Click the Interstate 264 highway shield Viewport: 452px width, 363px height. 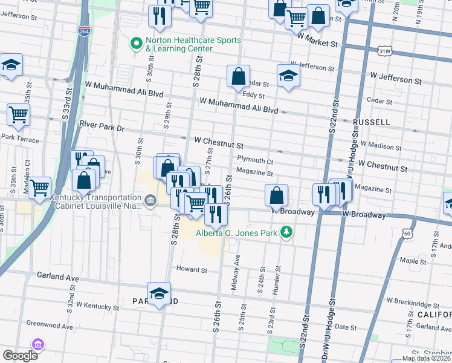(x=84, y=30)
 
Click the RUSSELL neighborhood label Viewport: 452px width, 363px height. (x=371, y=122)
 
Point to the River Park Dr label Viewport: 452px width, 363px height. (x=102, y=128)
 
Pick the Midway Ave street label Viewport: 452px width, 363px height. (x=236, y=272)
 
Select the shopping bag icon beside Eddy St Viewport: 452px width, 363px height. (x=239, y=77)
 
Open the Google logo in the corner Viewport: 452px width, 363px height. (x=20, y=356)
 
